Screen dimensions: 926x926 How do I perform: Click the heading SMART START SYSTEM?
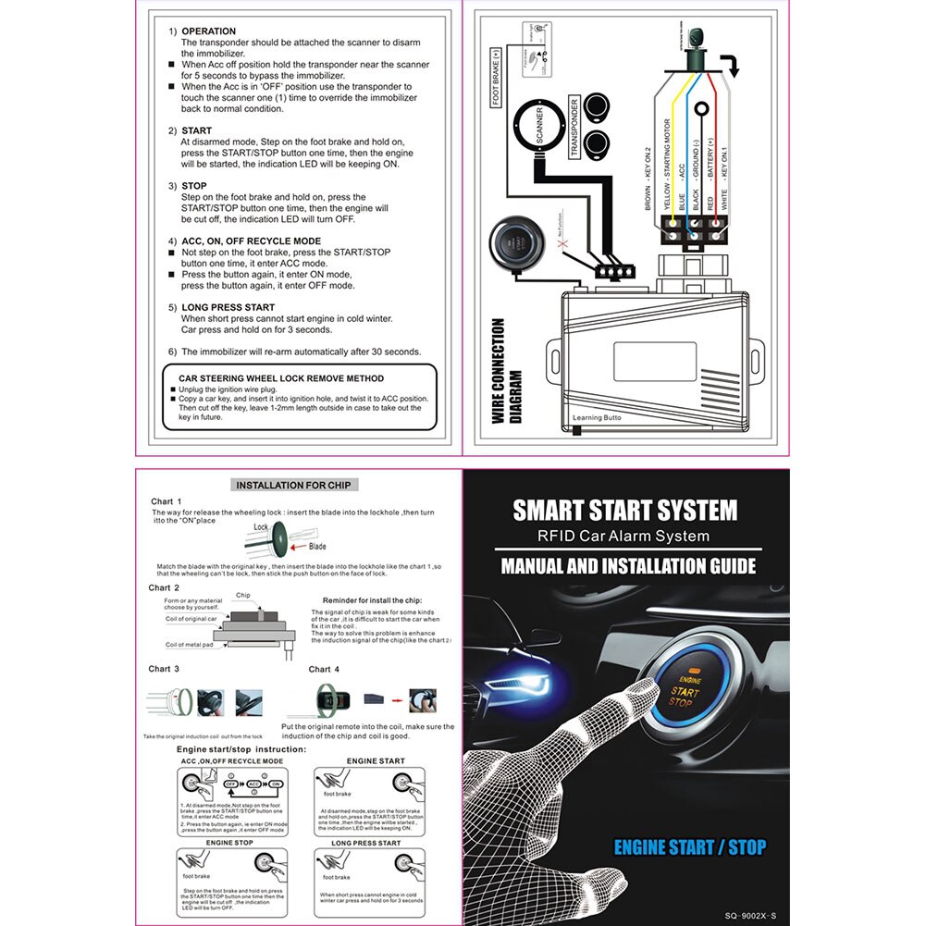pos(625,510)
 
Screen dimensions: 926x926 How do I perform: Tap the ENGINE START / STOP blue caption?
pos(690,846)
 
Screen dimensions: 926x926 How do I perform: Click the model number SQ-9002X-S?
pos(750,913)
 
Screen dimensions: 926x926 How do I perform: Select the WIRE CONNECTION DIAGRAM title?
pos(507,371)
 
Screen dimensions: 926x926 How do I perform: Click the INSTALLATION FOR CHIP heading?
pos(293,485)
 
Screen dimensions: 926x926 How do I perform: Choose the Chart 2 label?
pos(164,587)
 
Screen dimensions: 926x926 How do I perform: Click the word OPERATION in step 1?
pos(208,31)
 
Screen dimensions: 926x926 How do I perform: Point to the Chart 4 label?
pos(324,669)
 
